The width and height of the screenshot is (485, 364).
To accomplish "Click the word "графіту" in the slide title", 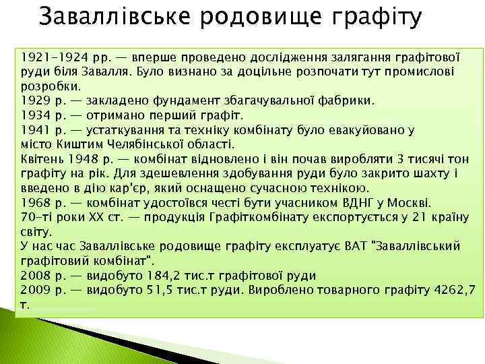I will point(374,18).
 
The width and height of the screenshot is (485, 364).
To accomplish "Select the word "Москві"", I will point(411,202).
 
